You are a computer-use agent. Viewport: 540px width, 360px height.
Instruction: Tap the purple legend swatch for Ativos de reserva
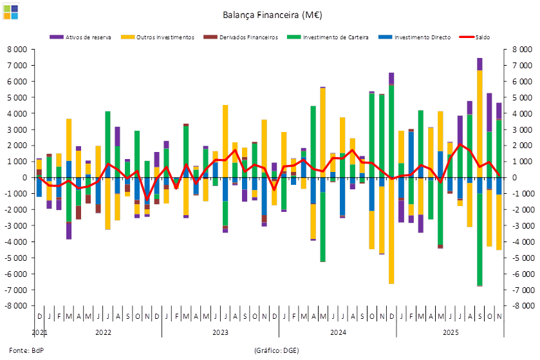pyautogui.click(x=57, y=37)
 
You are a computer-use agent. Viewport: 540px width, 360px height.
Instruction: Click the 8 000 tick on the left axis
pyautogui.click(x=18, y=50)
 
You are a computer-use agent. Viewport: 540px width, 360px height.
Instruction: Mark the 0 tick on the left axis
pyautogui.click(x=24, y=178)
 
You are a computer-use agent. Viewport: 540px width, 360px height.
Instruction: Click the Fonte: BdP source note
pyautogui.click(x=23, y=350)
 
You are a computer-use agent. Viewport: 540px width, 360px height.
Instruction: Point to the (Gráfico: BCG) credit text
pyautogui.click(x=276, y=350)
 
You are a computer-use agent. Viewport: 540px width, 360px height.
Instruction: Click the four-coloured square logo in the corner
pyautogui.click(x=11, y=11)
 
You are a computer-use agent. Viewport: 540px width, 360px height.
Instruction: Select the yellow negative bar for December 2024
pyautogui.click(x=391, y=238)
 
